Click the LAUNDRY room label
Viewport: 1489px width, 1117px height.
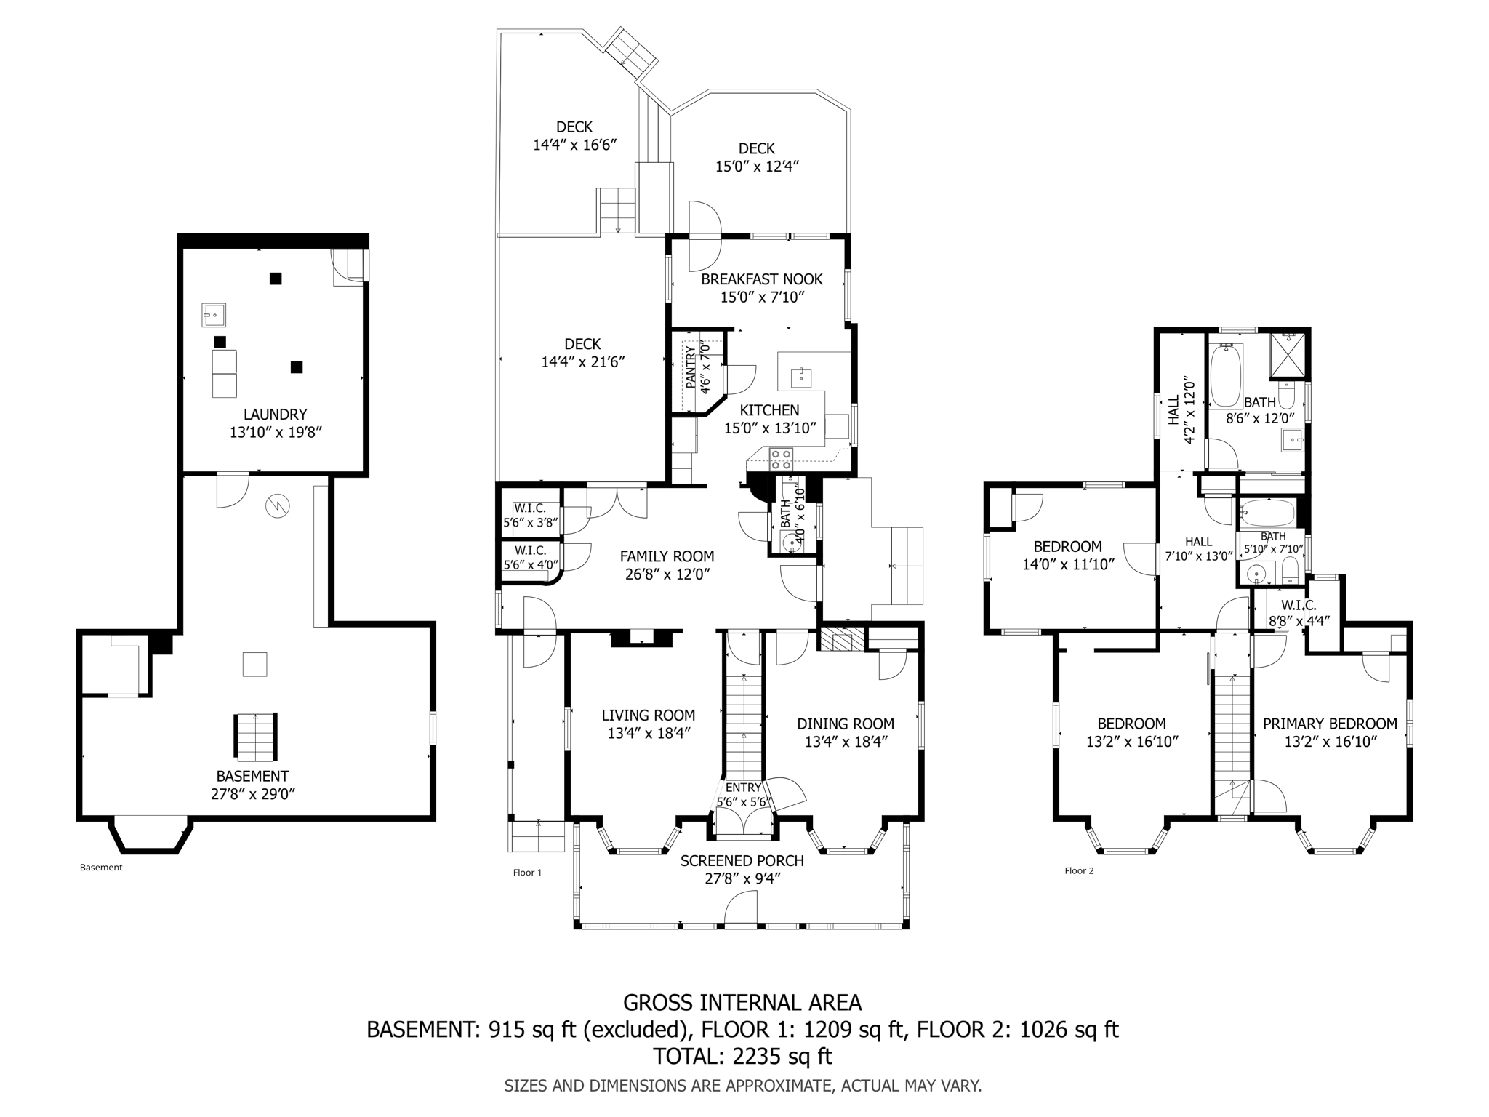275,415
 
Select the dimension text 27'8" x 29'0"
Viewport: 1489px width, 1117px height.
252,794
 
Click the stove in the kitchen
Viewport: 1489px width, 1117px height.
781,459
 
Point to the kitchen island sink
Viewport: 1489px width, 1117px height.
800,377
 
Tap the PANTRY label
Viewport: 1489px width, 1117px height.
690,369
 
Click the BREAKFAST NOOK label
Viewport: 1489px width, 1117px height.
761,279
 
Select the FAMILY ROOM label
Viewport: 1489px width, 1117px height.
667,556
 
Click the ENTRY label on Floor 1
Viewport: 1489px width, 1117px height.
743,788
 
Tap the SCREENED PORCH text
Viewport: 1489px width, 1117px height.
742,861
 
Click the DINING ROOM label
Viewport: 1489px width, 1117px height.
845,724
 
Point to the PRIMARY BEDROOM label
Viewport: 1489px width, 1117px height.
1329,724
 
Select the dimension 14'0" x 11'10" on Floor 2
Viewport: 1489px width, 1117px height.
1068,564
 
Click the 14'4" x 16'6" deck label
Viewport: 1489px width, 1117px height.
574,145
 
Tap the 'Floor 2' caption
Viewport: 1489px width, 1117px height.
1079,870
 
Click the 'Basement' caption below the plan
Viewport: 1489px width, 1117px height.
101,867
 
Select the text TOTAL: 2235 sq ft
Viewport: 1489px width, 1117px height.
742,1055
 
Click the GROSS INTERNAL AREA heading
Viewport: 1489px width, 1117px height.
742,1003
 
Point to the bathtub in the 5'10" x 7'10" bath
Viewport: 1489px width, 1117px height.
1267,513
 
